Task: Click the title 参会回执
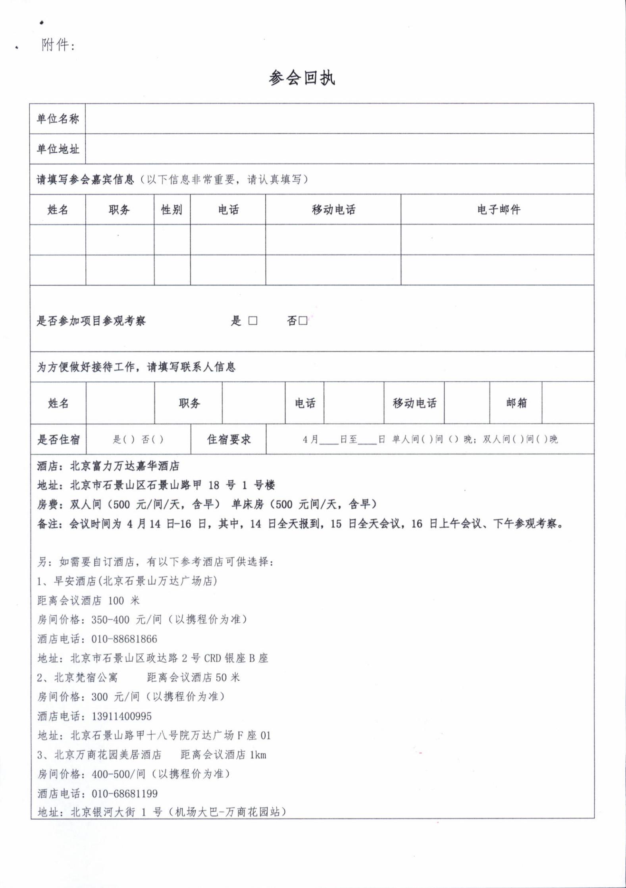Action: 302,78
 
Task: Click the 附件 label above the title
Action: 58,45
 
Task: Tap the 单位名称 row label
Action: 58,119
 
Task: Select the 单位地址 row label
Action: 58,149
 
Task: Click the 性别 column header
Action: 172,210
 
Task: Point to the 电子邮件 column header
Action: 499,210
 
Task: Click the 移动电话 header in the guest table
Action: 333,210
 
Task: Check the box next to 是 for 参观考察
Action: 253,321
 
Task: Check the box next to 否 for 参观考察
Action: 303,321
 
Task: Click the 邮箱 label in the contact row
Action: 516,403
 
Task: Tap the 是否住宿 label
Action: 58,440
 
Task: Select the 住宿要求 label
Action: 229,440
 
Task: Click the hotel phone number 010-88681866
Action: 124,639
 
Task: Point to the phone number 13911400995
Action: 121,716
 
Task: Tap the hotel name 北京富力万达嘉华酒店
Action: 125,466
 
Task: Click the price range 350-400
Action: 105,620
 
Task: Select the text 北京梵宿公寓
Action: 86,678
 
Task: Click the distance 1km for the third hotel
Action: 258,755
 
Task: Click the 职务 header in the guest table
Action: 119,210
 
